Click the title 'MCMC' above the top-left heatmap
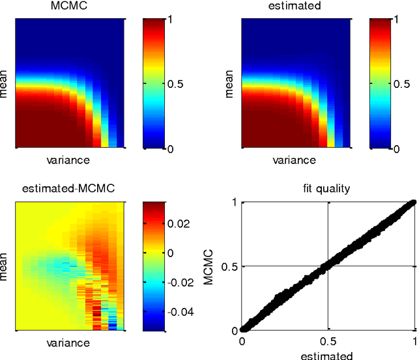pyautogui.click(x=68, y=6)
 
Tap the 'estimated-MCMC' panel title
pyautogui.click(x=68, y=189)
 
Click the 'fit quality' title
pyautogui.click(x=328, y=189)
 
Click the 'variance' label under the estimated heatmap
pyautogui.click(x=295, y=159)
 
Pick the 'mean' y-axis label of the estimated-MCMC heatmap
pyautogui.click(x=5, y=267)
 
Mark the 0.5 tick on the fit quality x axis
pyautogui.click(x=328, y=341)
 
